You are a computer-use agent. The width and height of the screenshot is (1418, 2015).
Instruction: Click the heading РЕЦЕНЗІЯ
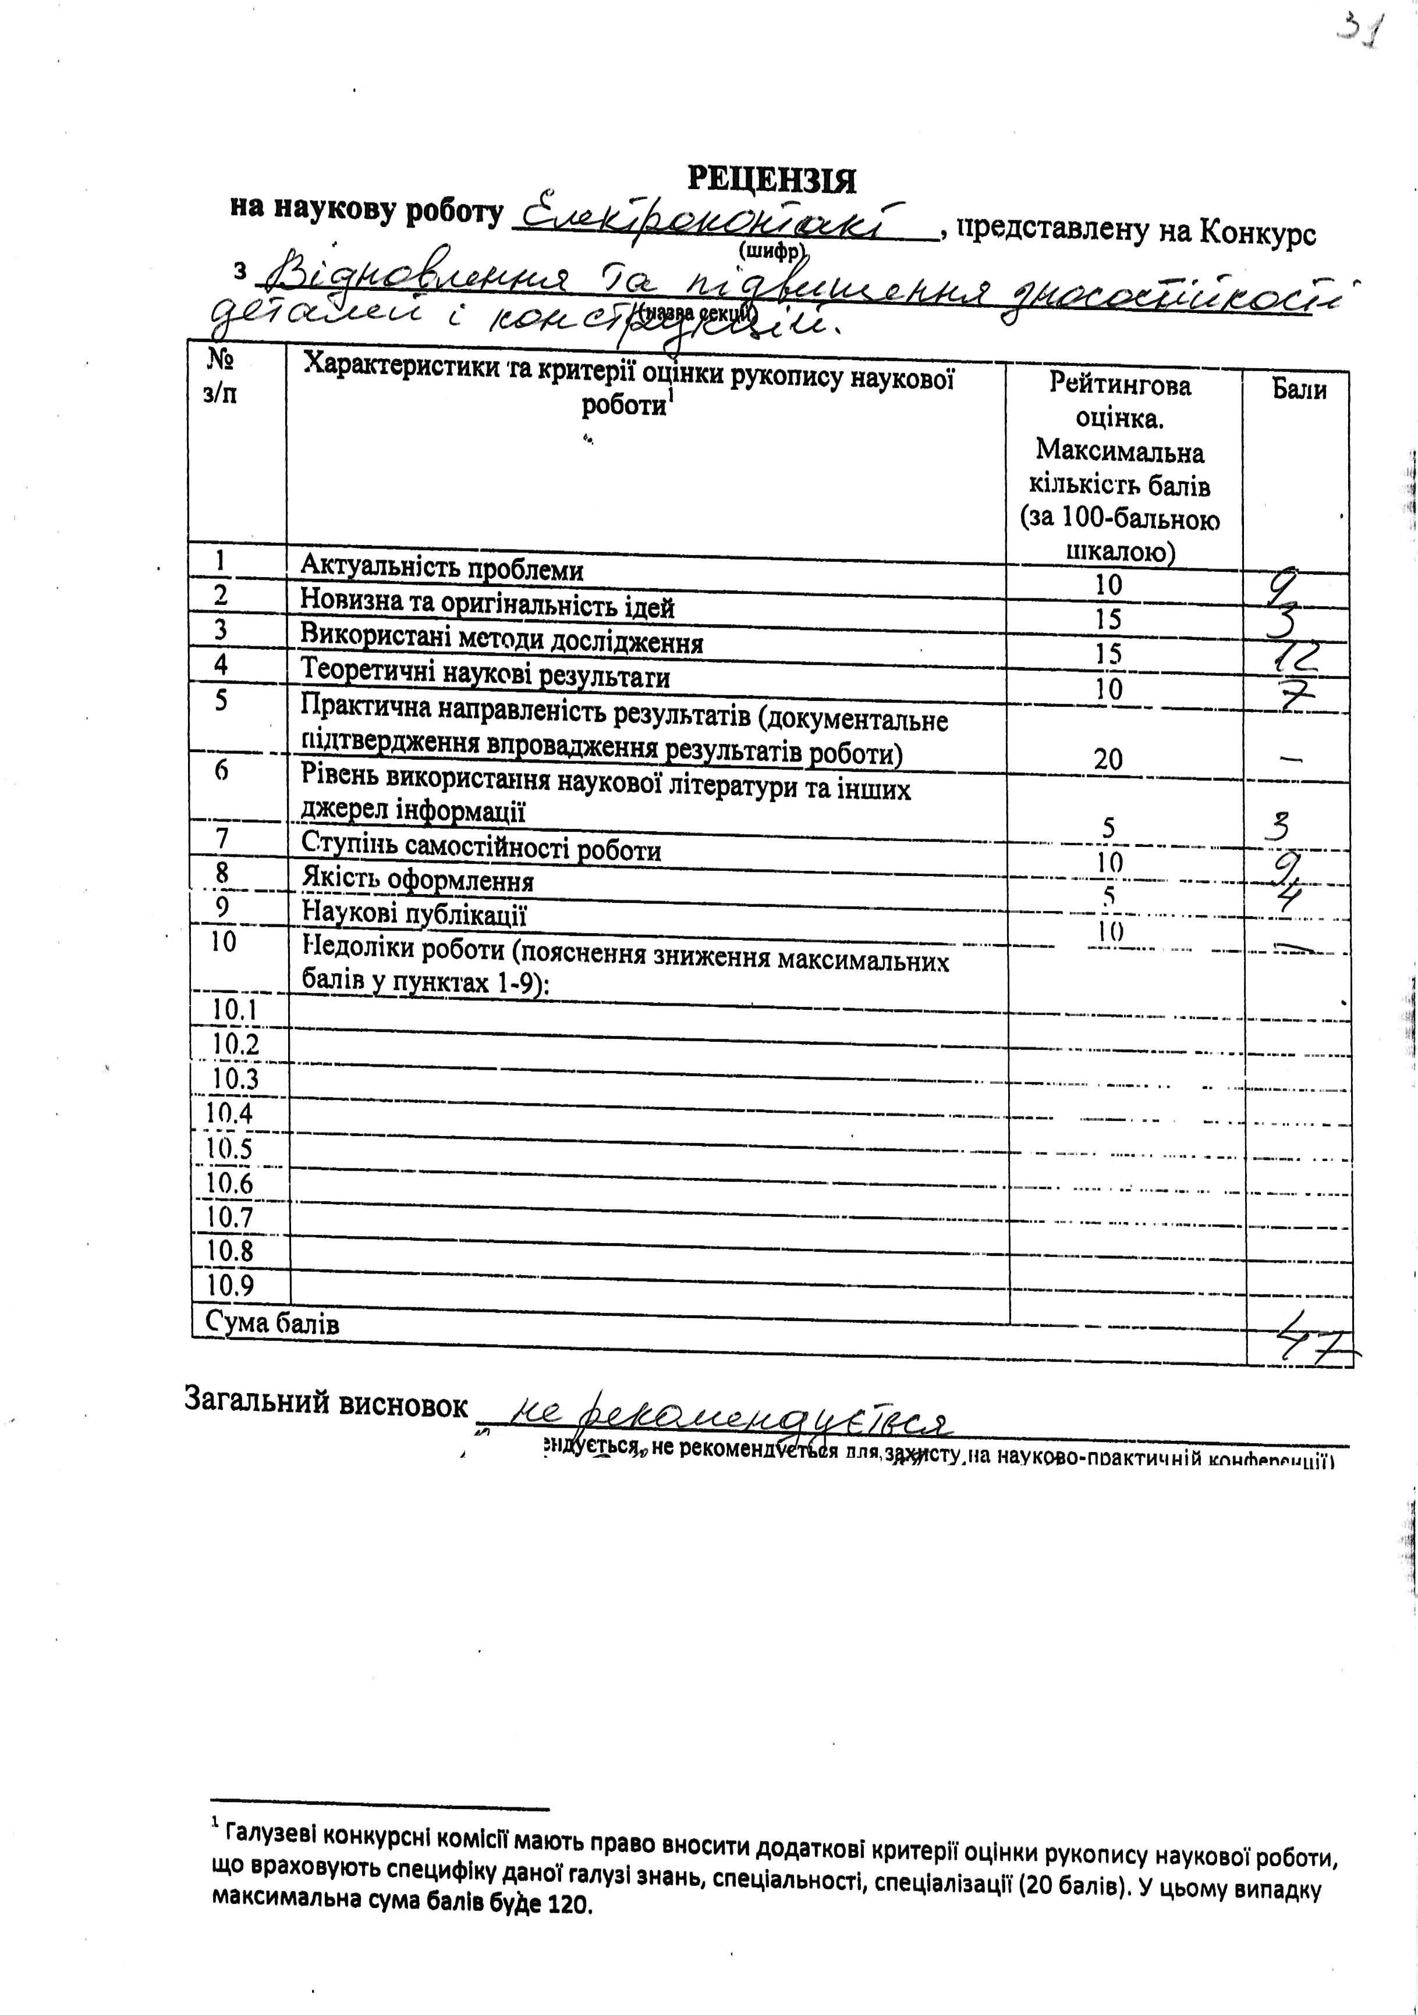[x=770, y=179]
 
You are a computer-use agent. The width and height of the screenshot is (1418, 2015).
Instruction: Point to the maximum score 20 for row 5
[x=1108, y=759]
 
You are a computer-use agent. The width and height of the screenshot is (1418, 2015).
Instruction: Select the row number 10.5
[x=229, y=1148]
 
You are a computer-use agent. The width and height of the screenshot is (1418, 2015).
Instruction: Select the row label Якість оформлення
[x=417, y=880]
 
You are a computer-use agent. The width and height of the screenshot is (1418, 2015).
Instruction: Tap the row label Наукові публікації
[x=413, y=914]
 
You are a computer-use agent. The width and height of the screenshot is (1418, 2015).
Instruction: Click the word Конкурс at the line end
[x=1258, y=233]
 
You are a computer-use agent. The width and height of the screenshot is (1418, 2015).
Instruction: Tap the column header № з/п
[x=219, y=376]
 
